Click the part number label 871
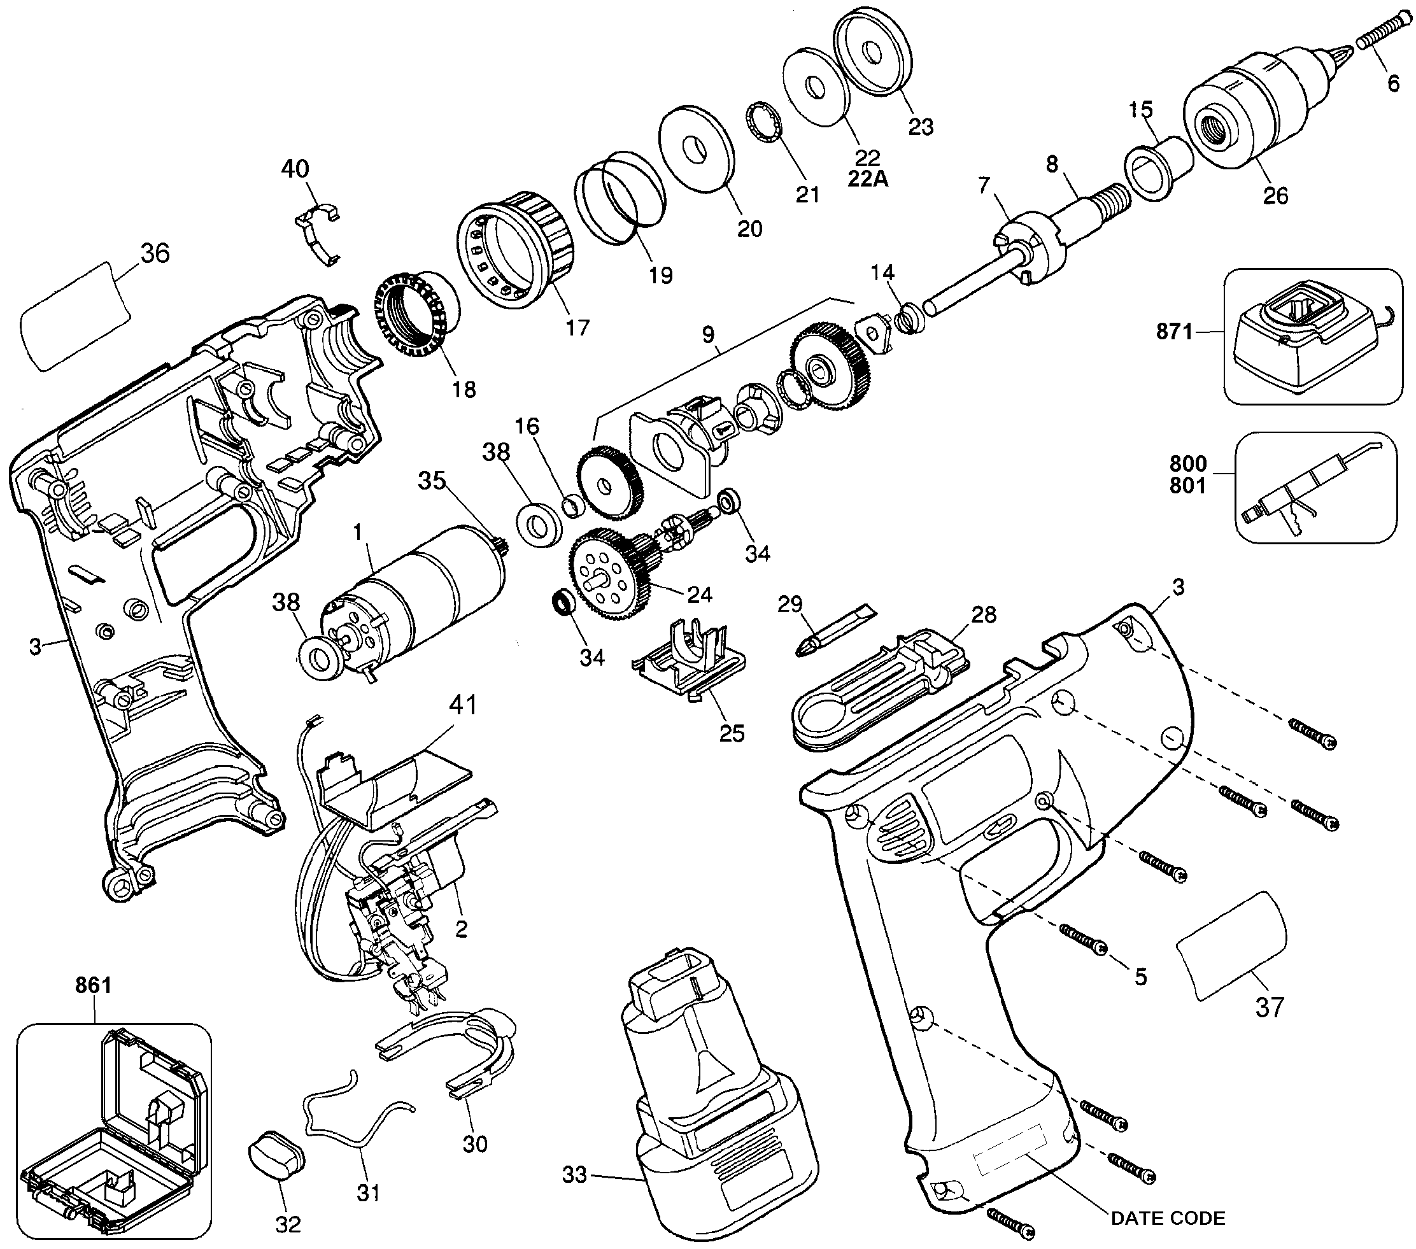[x=1174, y=332]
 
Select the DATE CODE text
[x=1168, y=1218]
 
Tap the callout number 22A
[x=867, y=179]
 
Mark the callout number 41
[x=463, y=705]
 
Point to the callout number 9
[x=707, y=335]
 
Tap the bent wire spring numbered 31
[x=353, y=1115]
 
